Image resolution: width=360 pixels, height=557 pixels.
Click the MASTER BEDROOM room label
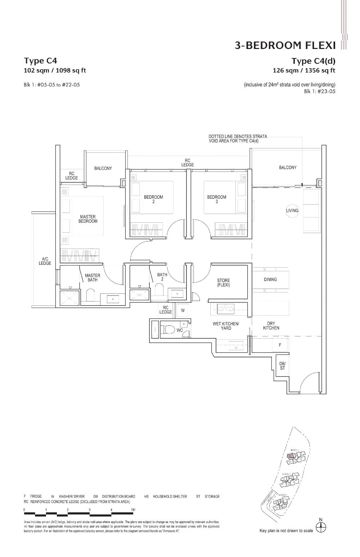pos(88,219)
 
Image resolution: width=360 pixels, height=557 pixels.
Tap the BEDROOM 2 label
pos(153,199)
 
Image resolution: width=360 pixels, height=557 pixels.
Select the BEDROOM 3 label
pos(217,199)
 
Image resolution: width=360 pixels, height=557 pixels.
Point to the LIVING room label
pos(292,210)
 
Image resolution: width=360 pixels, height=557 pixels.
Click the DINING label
pos(270,279)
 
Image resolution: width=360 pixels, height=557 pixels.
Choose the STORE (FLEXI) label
pos(223,282)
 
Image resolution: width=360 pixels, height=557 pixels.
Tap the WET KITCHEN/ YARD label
pos(226,326)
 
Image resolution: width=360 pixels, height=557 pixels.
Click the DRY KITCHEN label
pos(271,326)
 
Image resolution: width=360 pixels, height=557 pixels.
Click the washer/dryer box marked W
pos(183,310)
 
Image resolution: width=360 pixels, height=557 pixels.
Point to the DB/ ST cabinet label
pos(282,366)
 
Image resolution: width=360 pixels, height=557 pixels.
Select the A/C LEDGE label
pos(45,261)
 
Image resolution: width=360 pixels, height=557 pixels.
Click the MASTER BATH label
pos(93,277)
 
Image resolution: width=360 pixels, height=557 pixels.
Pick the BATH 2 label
pos(162,277)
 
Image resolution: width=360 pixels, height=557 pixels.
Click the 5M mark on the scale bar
pos(133,509)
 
